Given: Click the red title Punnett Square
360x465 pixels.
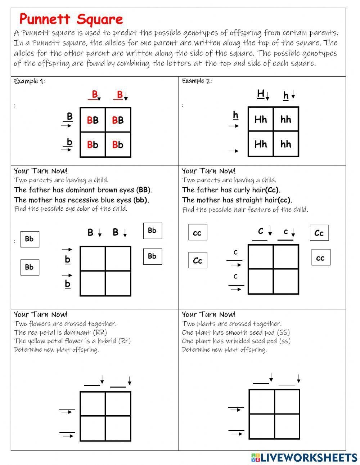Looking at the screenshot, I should (71, 19).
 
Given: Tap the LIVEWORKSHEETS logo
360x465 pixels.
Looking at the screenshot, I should (304, 457).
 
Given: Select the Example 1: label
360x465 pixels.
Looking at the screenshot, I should (29, 81).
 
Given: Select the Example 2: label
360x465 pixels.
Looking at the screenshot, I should (197, 81).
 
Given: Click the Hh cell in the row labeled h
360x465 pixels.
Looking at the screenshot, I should (261, 119).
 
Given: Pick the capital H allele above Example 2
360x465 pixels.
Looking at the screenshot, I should (261, 94).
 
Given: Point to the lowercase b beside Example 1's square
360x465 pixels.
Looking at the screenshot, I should (69, 142).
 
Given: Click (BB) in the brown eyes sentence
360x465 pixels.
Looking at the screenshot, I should (144, 190).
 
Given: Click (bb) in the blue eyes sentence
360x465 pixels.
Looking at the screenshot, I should (141, 200).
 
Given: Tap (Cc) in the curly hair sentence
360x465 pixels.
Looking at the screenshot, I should (273, 190).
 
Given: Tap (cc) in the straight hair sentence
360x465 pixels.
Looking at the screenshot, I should (284, 200).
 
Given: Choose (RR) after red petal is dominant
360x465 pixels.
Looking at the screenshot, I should (100, 332).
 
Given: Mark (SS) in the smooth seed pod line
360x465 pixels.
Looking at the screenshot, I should (282, 332).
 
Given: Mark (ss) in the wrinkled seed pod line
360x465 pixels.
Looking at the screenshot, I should (283, 341).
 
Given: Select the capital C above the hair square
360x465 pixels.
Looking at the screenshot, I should (261, 231).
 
